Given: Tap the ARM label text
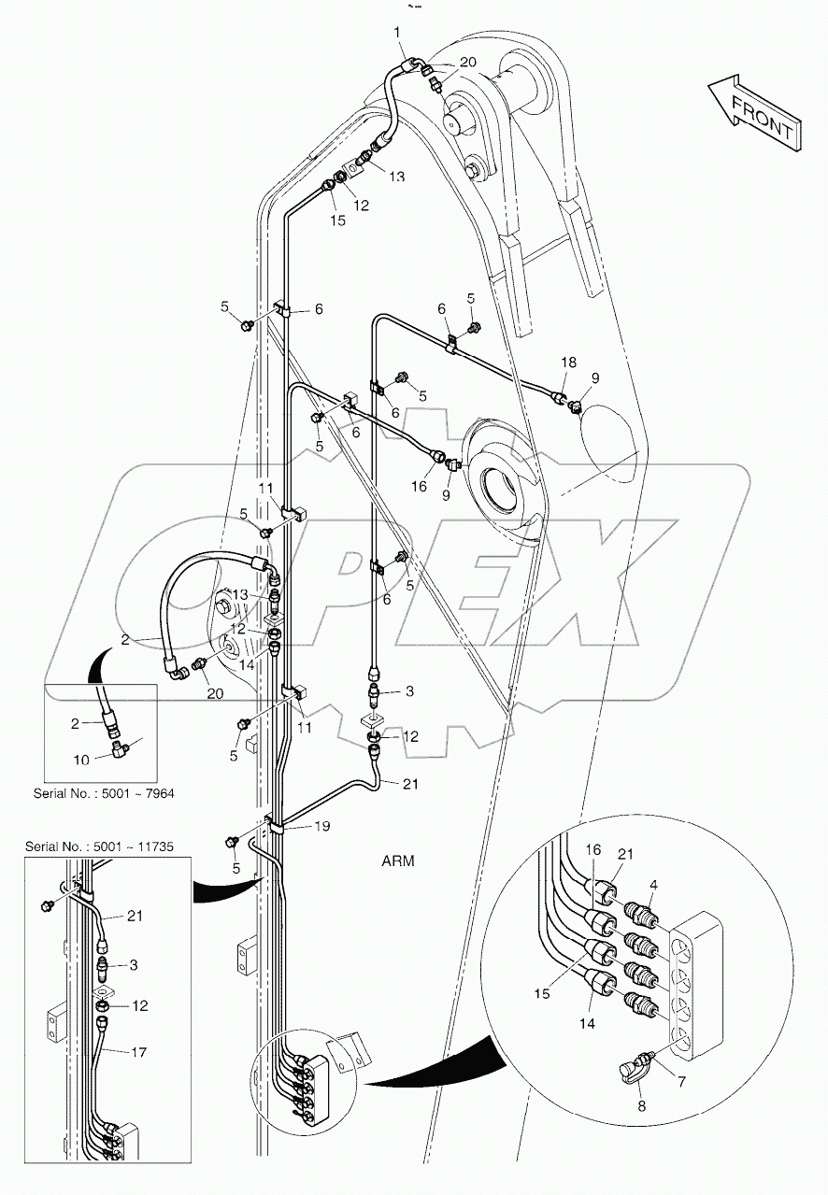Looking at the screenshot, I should point(398,861).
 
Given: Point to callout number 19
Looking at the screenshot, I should point(322,826).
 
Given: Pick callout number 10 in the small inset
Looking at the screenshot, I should point(82,760).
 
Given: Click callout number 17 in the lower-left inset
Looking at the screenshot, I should point(136,1052).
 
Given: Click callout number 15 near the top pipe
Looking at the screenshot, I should point(337,221).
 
